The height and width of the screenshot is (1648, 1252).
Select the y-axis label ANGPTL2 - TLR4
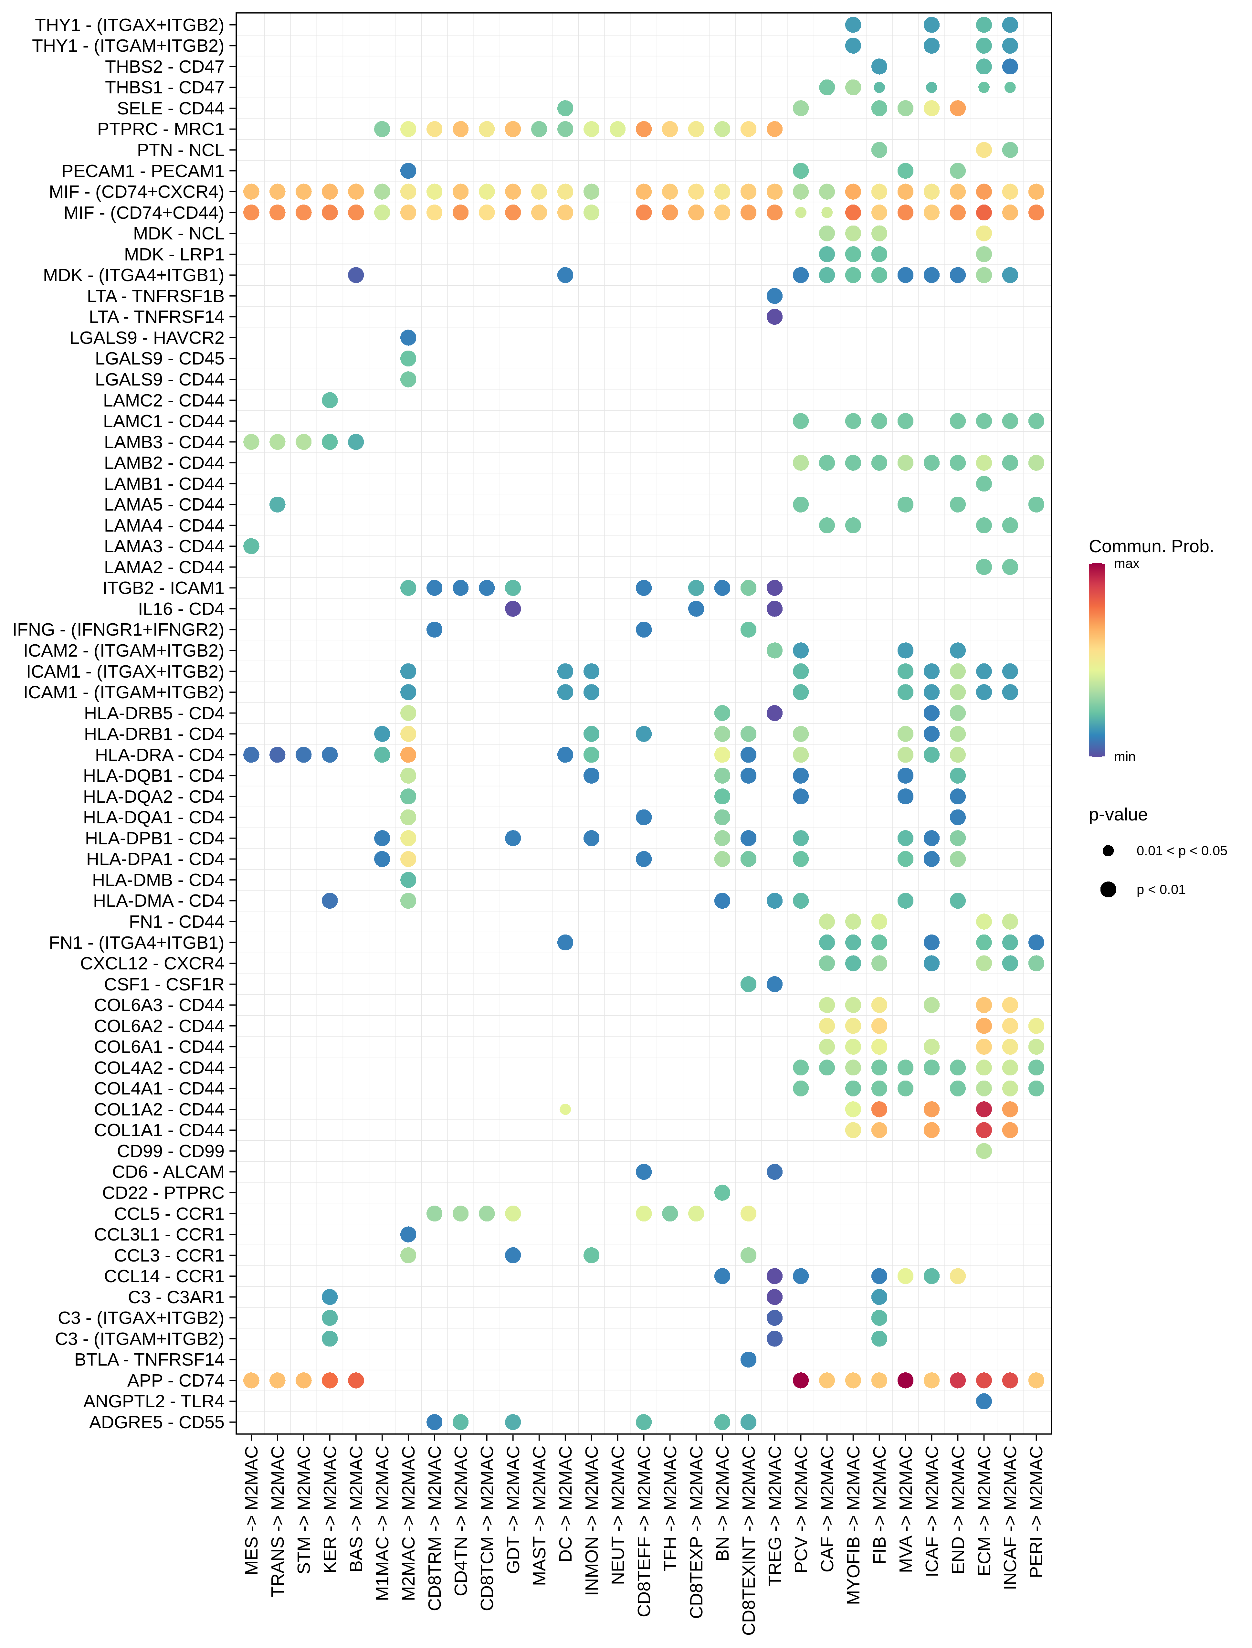[x=153, y=1401]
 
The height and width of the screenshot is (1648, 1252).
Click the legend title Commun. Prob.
[x=1151, y=546]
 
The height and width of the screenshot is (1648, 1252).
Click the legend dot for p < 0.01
[x=1108, y=889]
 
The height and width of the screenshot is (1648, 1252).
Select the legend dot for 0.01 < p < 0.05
[x=1108, y=850]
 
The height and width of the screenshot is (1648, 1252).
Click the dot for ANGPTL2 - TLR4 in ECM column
[x=984, y=1401]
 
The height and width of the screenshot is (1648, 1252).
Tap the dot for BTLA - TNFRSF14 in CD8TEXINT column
[x=748, y=1359]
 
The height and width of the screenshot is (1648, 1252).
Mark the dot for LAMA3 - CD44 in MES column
[x=251, y=546]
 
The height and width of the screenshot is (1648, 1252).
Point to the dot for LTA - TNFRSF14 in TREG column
[x=774, y=317]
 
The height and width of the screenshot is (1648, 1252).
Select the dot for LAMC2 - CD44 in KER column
[x=329, y=400]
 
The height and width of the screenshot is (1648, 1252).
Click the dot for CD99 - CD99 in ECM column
[x=984, y=1151]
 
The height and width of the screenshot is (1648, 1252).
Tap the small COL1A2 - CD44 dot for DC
[x=565, y=1109]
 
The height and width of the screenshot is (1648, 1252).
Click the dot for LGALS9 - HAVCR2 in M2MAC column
[x=408, y=338]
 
